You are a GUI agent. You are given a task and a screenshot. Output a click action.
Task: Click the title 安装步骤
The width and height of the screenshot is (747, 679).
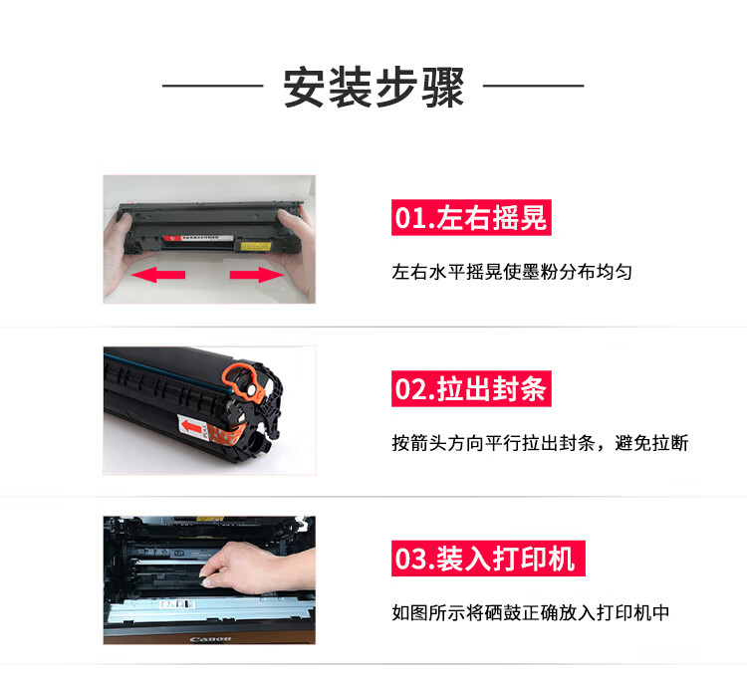[x=373, y=88]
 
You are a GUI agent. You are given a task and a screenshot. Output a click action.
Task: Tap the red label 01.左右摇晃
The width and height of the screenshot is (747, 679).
[x=471, y=218]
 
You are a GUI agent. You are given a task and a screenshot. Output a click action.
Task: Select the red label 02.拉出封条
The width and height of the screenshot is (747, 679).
[x=471, y=388]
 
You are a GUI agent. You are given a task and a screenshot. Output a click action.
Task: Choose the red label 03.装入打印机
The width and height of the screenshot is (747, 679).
[x=488, y=559]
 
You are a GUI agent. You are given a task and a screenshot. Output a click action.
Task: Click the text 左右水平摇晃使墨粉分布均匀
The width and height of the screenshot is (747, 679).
[x=512, y=273]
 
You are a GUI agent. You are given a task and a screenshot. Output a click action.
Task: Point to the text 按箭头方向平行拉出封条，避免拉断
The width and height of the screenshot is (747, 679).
[x=540, y=443]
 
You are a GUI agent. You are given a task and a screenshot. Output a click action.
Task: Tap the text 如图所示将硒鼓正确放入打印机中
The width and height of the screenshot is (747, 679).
[x=531, y=613]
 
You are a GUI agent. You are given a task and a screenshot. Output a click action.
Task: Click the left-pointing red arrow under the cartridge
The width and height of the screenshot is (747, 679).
[x=158, y=275]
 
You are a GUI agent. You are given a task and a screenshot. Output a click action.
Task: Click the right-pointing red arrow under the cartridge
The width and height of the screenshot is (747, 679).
[x=256, y=275]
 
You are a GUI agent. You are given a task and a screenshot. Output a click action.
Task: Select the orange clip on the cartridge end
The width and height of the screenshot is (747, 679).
[x=243, y=381]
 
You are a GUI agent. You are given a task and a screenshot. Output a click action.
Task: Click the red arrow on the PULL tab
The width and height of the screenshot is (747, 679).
[x=192, y=427]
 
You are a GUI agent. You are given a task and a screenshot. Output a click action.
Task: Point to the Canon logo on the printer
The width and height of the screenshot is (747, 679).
[x=210, y=638]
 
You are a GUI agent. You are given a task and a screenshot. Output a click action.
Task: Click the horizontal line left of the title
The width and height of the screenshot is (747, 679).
[x=212, y=86]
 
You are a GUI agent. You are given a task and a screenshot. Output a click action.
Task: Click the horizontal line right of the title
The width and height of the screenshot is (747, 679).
[x=534, y=86]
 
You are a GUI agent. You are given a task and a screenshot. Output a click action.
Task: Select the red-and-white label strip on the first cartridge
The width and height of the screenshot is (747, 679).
[x=198, y=238]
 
